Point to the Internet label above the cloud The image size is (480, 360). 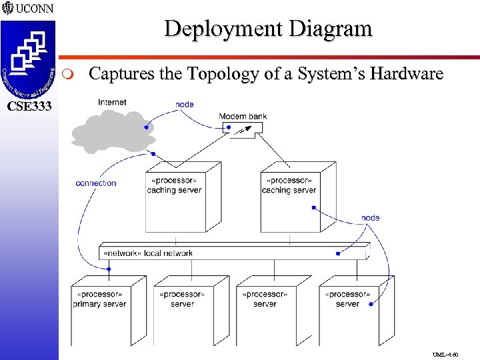point(111,102)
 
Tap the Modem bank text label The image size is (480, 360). point(243,117)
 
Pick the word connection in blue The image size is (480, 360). point(96,183)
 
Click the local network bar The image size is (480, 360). point(233,253)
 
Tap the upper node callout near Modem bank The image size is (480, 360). point(185,104)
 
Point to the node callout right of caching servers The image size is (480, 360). point(371,218)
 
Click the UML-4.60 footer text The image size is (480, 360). point(445,355)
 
